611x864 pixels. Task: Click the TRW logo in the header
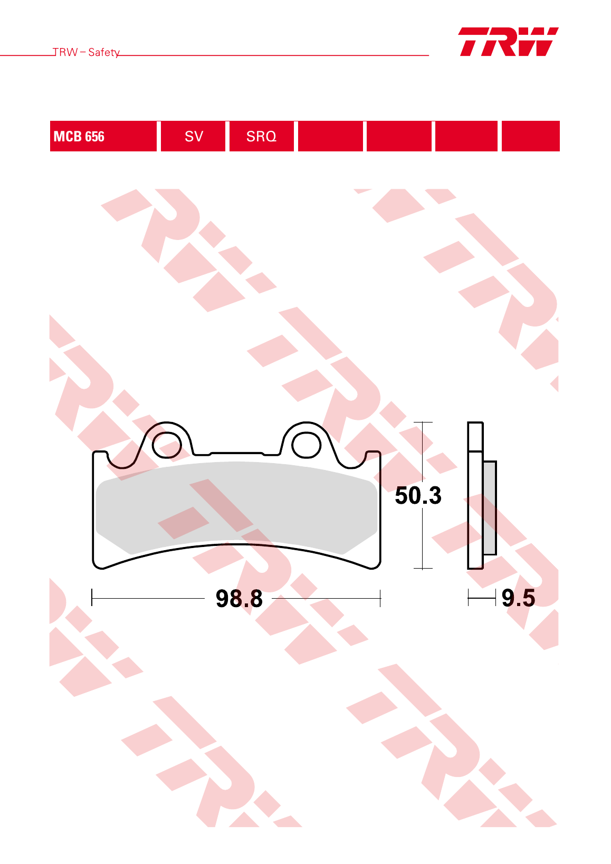pos(508,42)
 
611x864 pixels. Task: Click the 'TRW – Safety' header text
pos(86,52)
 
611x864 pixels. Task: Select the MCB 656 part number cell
pos(103,136)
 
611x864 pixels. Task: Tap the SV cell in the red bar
pos(193,136)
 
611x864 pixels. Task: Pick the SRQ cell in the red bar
pos(262,136)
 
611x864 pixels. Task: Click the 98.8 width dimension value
pos(239,598)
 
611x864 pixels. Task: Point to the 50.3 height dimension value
pos(418,495)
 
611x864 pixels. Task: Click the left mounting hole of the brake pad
pos(167,445)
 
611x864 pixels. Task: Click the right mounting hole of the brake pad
pos(306,445)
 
